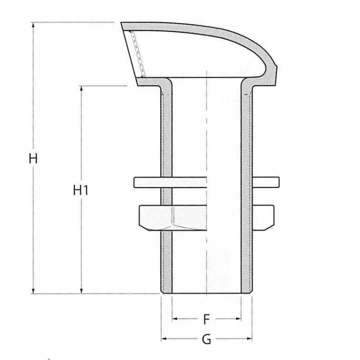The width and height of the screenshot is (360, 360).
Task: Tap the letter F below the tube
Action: coord(206,319)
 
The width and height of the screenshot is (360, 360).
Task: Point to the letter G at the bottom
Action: coord(206,340)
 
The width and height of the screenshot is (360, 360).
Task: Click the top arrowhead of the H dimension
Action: coord(33,25)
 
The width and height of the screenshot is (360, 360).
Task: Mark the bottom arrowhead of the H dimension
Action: coord(33,291)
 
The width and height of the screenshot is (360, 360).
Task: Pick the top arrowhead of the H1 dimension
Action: coord(81,88)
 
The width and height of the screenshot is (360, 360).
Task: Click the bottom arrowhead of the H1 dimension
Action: coord(81,291)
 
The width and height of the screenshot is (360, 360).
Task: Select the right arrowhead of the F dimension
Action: coord(238,319)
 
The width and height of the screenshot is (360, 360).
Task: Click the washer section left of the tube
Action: coord(148,182)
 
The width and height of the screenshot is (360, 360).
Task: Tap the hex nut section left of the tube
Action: coord(149,217)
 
